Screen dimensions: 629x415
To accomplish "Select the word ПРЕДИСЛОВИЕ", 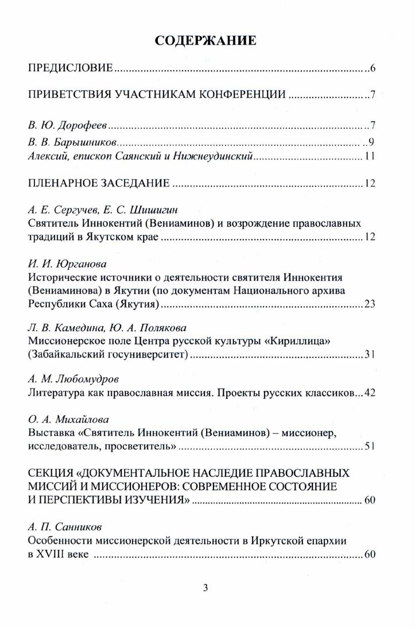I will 70,69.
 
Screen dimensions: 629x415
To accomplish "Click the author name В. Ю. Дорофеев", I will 68,126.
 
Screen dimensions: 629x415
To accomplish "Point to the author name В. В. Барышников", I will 73,142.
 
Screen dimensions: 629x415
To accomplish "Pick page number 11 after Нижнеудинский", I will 369,157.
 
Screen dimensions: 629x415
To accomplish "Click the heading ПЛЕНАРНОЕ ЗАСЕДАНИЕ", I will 98,184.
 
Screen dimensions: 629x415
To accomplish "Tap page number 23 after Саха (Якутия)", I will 369,304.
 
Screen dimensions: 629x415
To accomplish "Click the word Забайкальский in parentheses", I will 64,355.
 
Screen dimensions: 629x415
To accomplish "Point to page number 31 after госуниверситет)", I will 369,355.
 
